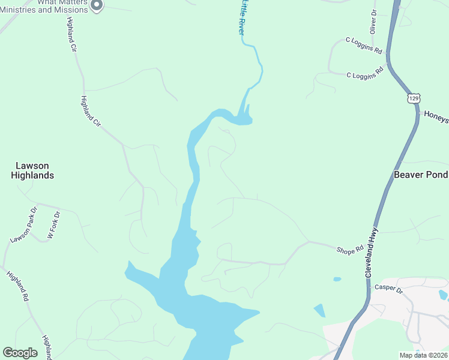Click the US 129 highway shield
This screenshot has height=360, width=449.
click(413, 98)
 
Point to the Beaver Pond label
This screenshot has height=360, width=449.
click(421, 175)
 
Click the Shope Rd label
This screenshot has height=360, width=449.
click(350, 249)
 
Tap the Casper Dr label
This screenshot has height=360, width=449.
click(389, 288)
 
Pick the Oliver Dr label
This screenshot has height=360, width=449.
click(373, 22)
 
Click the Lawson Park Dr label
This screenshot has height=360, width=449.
click(23, 226)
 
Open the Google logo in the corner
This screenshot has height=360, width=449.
click(20, 353)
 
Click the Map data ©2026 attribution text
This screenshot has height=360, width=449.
click(423, 355)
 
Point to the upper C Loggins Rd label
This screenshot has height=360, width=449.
click(364, 46)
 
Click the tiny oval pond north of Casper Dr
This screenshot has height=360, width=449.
click(337, 279)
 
